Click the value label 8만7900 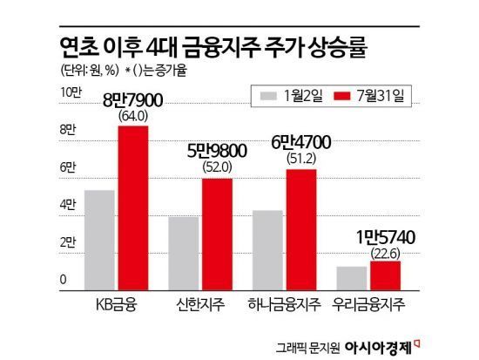[133, 99]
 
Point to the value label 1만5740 [385, 237]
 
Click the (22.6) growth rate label [385, 252]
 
